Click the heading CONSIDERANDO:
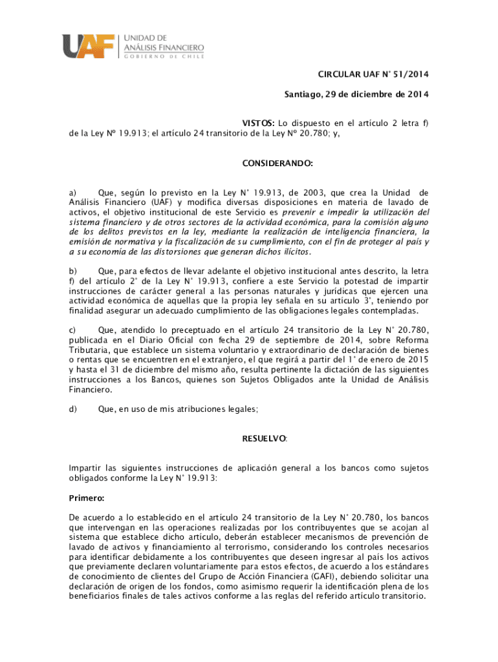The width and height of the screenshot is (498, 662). tap(277, 164)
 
